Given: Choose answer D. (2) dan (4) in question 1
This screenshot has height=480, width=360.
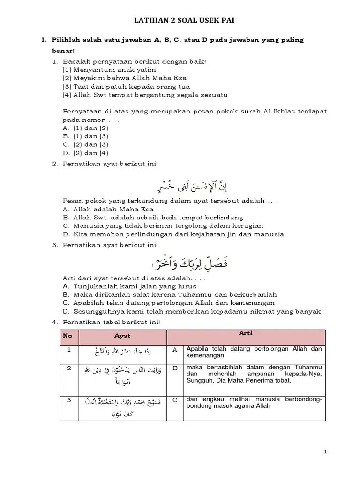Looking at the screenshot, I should (85, 153).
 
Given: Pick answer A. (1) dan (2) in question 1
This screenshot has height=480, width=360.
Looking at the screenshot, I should (85, 127).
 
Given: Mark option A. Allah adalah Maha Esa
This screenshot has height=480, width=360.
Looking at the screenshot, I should (108, 209).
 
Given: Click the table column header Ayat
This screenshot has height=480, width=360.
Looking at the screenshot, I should (122, 336).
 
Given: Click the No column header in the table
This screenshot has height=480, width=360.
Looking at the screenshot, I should (68, 336).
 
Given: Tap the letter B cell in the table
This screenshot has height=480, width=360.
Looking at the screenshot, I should (175, 368).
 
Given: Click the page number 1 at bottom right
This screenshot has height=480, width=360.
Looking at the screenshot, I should (324, 451).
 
